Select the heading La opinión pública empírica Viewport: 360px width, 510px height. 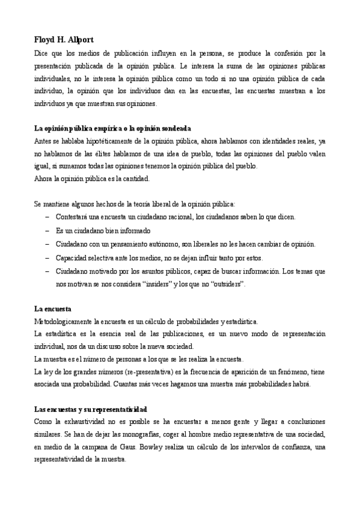[x=113, y=128]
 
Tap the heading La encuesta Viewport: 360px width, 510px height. [x=52, y=308]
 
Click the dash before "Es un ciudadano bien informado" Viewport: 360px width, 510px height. [x=47, y=230]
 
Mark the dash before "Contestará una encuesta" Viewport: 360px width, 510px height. [x=47, y=217]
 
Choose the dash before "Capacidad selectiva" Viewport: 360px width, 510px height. [x=47, y=257]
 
